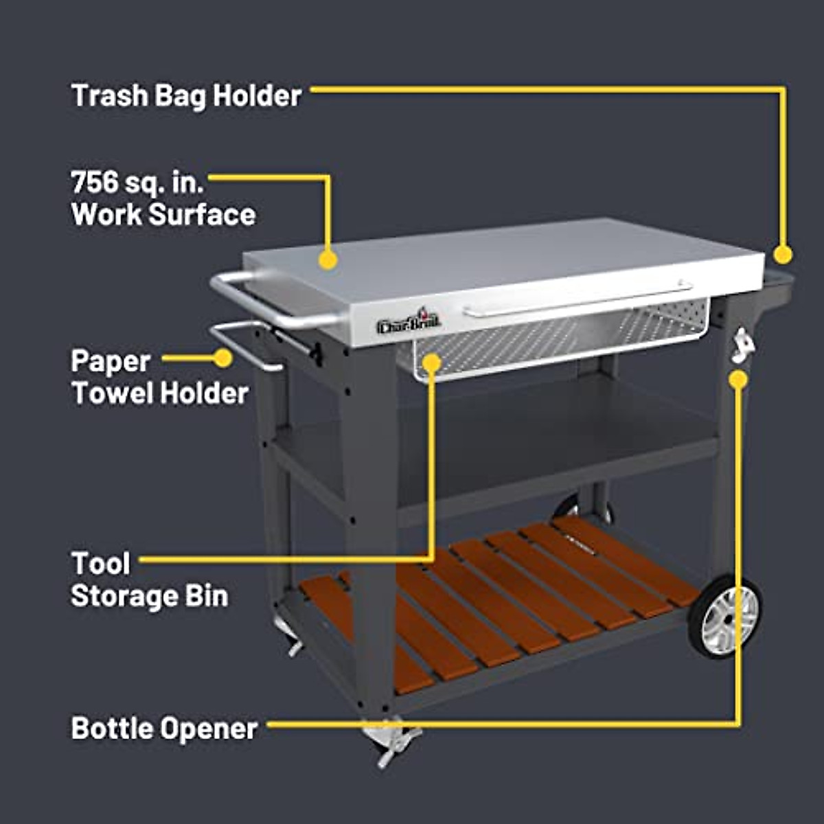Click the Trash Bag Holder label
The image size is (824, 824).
point(186,95)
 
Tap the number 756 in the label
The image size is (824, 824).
point(95,183)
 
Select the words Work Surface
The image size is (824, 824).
point(163,214)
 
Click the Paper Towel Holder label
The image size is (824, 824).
point(159,377)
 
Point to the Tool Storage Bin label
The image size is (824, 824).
point(149,580)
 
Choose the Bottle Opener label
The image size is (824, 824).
point(164,728)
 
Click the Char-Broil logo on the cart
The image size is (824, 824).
point(409,322)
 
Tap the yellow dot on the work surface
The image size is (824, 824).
point(328,260)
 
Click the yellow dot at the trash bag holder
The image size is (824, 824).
point(783,255)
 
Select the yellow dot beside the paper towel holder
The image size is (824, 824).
point(222,358)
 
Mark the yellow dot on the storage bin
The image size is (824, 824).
point(432,362)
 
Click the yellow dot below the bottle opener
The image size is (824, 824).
point(738,380)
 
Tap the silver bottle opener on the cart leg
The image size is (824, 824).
point(742,345)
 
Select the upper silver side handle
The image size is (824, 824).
point(275,300)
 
